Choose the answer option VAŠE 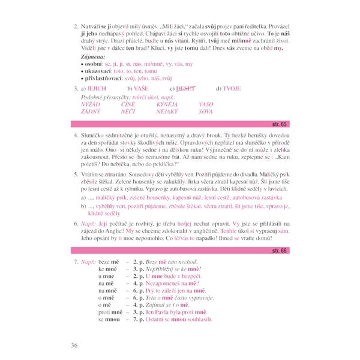142,88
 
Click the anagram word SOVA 205,111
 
